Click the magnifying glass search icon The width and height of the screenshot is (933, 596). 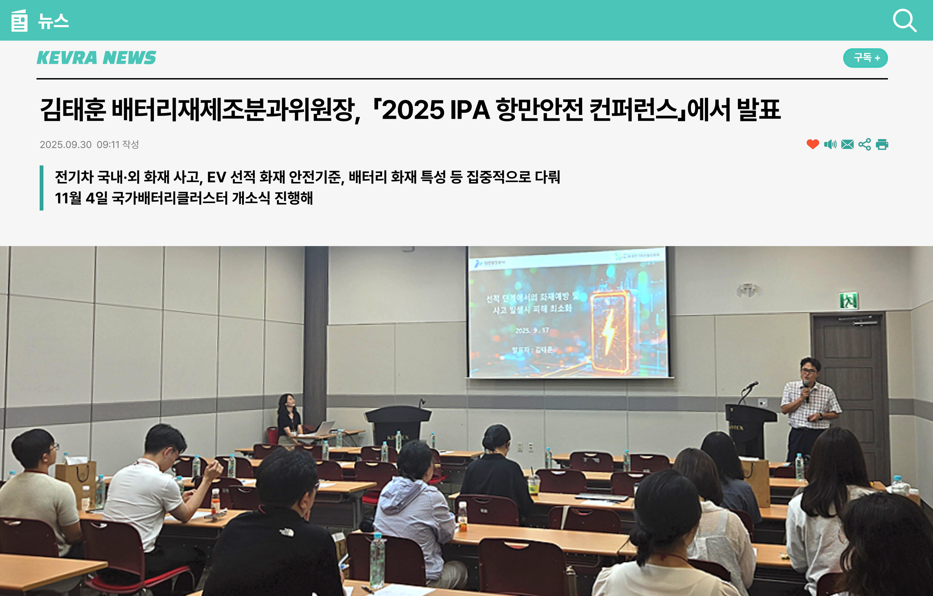(904, 21)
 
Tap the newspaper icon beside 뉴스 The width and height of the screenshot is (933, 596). (19, 21)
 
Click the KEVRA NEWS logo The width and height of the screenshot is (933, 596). (96, 58)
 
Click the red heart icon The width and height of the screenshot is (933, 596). (812, 144)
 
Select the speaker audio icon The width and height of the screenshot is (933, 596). (830, 144)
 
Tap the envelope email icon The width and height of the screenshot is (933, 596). (847, 144)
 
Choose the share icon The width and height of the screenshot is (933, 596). (864, 144)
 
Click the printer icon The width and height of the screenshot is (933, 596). (882, 144)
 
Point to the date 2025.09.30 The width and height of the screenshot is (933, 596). (65, 145)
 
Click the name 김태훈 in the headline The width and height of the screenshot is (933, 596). (73, 109)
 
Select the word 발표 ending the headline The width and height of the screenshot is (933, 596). (758, 109)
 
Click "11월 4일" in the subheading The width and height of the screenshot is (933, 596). (81, 198)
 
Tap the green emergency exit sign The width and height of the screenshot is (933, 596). (848, 300)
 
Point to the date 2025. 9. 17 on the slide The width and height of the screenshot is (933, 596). (532, 330)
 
